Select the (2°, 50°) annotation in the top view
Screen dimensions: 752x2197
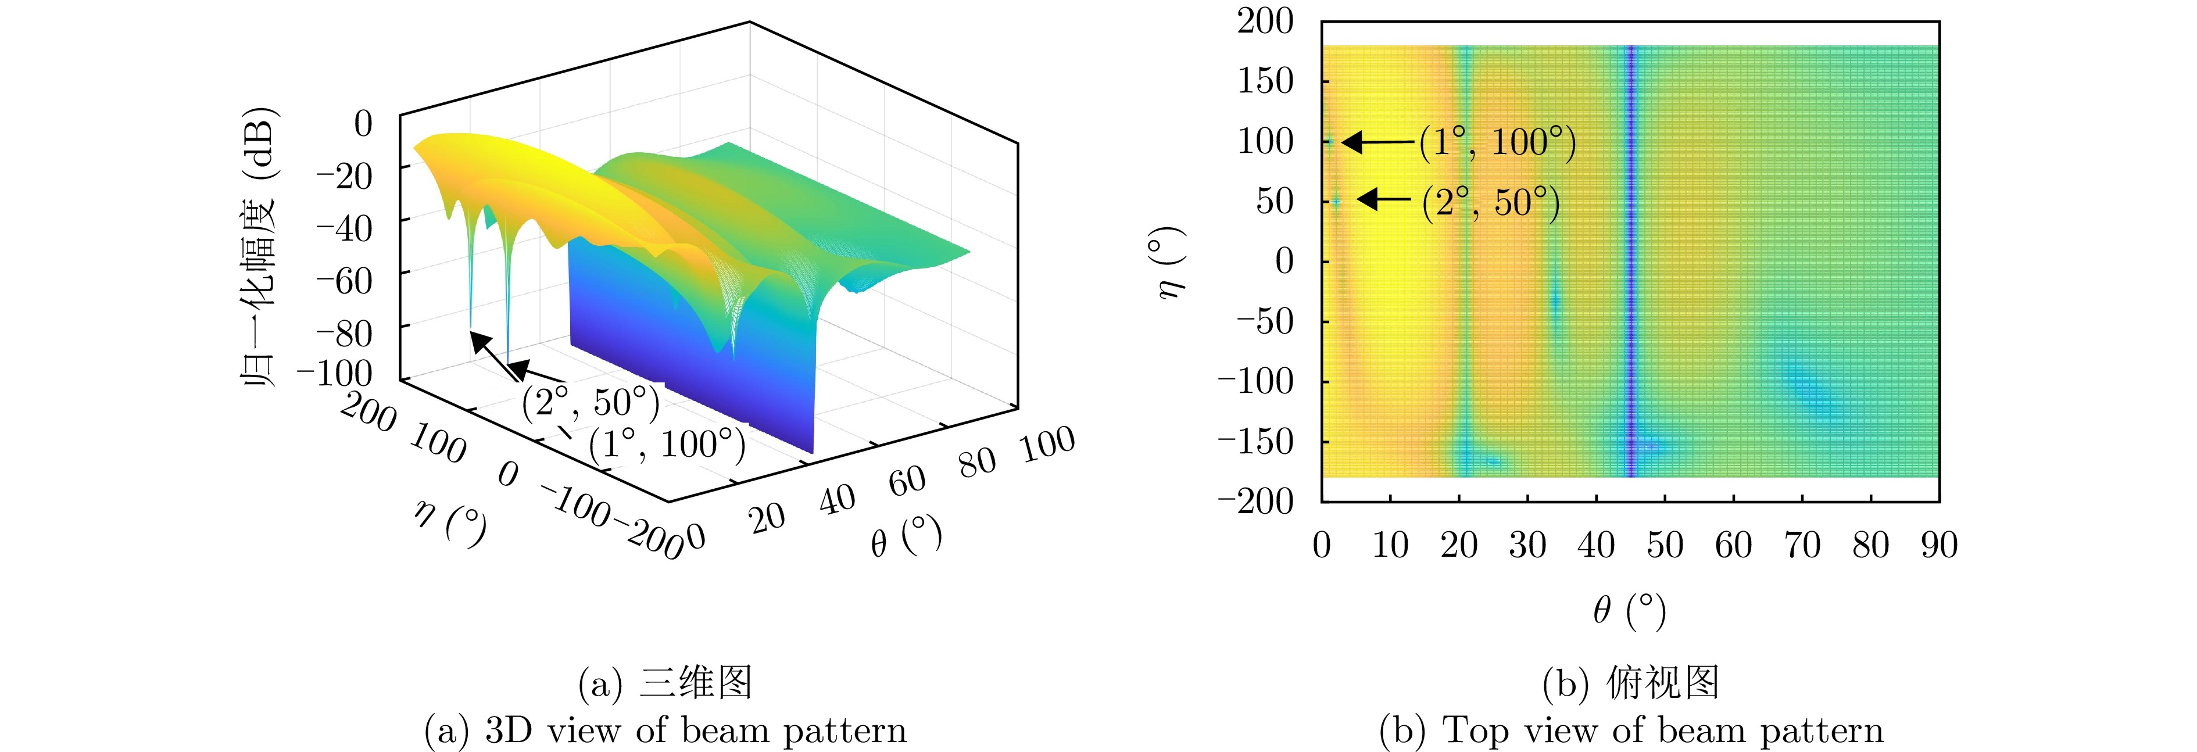tap(1491, 203)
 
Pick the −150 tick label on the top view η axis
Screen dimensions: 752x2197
tap(1255, 442)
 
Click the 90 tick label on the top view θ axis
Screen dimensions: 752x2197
tap(1938, 546)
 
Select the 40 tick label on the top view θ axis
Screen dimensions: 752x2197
tap(1595, 546)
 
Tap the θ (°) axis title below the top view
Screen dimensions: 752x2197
tap(1629, 610)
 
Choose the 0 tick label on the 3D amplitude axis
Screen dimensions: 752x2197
tap(363, 124)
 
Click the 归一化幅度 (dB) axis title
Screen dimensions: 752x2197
tap(259, 247)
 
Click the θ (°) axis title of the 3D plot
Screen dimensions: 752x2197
tap(906, 537)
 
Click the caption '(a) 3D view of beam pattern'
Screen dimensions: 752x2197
tap(665, 730)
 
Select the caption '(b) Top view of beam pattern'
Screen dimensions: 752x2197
tap(1631, 730)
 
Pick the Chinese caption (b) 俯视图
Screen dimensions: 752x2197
tap(1631, 683)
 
